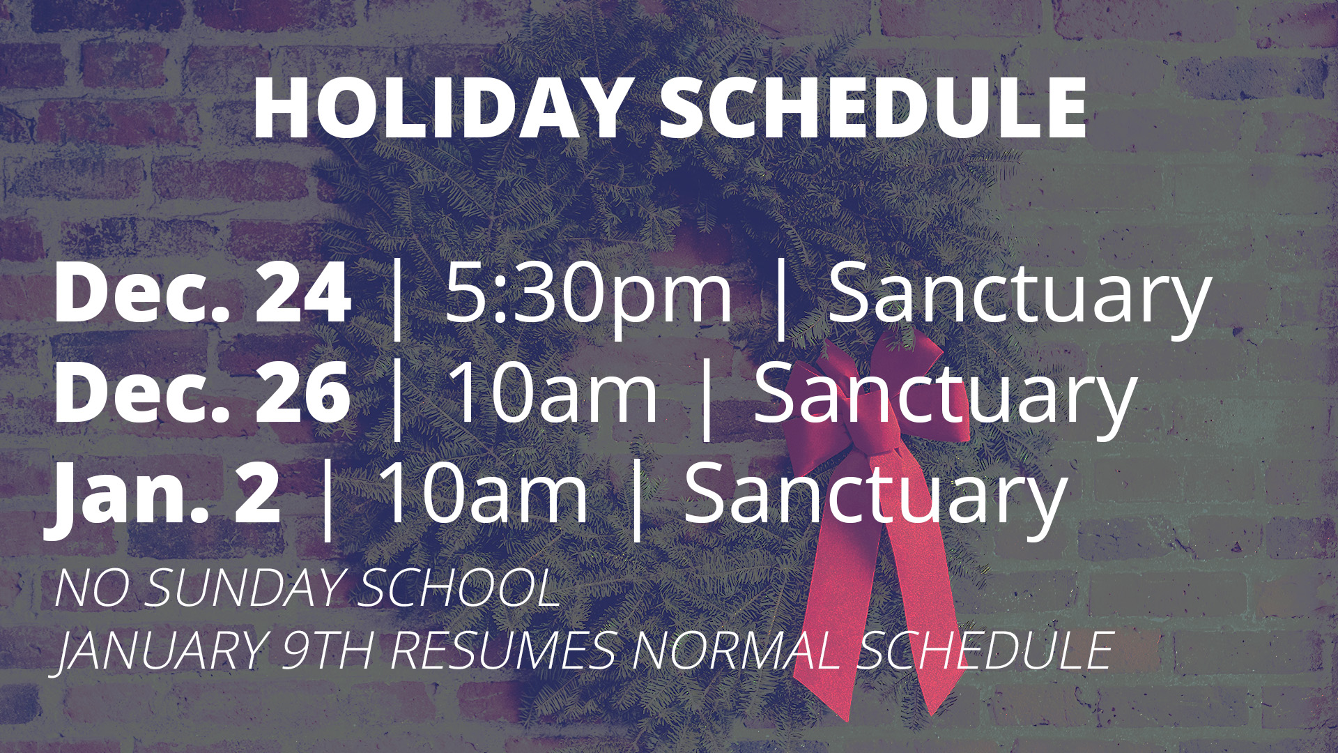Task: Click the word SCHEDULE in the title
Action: [x=873, y=109]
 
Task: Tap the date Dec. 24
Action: [x=202, y=293]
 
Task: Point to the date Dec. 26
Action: [x=202, y=393]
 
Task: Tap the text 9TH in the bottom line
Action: [x=328, y=651]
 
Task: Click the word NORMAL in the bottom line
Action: [x=736, y=651]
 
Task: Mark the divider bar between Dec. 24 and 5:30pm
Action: [x=397, y=298]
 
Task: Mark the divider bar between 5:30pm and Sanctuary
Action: [x=781, y=298]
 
